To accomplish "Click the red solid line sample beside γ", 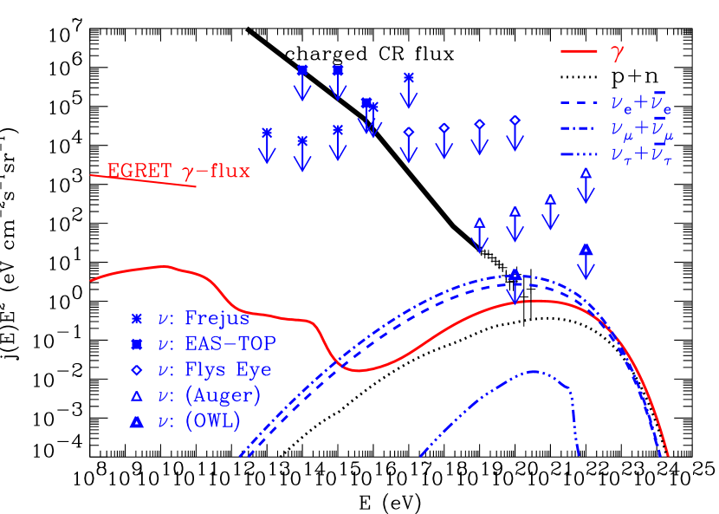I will (x=579, y=51).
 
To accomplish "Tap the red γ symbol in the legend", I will (x=617, y=52).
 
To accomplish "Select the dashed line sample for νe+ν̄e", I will (x=579, y=103).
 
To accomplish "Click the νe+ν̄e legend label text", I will (x=641, y=103).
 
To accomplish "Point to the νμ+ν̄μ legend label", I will (x=642, y=130).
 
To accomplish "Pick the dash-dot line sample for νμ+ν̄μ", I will (x=579, y=129).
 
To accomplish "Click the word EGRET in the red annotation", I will (x=139, y=171).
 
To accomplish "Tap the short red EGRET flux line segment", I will (x=144, y=180).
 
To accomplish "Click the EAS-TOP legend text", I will (x=230, y=344).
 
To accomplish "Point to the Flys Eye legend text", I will (x=228, y=370).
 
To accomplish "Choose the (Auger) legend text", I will (x=223, y=396).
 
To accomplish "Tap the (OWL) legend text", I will (x=212, y=422).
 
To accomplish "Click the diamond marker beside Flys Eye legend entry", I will (x=136, y=370).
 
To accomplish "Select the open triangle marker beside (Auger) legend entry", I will (x=136, y=396).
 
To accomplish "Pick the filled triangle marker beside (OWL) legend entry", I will (x=136, y=422).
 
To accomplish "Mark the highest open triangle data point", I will (x=586, y=172).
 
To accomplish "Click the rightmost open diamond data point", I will (x=515, y=120).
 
